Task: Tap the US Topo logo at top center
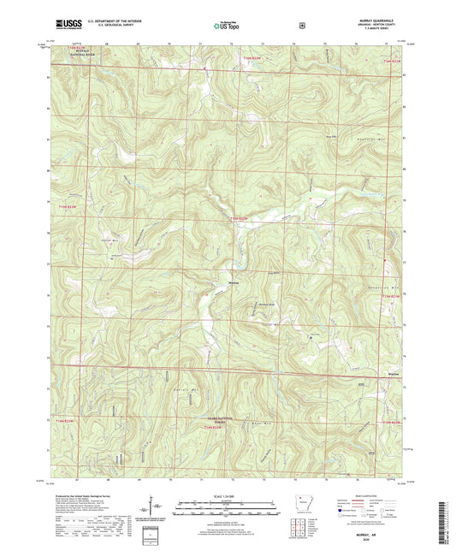click(226, 26)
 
